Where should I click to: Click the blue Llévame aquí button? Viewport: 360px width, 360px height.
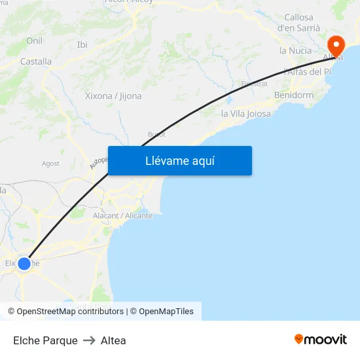pos(179,160)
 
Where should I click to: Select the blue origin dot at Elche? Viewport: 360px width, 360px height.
pos(24,264)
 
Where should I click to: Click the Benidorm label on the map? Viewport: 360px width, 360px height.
pos(293,95)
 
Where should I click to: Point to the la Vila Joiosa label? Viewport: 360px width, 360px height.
pos(245,114)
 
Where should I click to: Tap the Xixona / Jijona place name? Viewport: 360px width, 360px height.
pos(113,96)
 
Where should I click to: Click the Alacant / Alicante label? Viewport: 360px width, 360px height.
pos(122,215)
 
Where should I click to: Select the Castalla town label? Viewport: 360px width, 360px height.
pos(36,62)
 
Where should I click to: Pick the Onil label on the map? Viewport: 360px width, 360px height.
pos(34,41)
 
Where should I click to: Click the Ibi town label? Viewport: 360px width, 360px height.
pos(82,45)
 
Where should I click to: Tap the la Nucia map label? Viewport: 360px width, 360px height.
pos(295,50)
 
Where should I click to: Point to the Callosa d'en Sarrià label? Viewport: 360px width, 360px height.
pos(298,22)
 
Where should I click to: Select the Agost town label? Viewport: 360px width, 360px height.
pos(50,164)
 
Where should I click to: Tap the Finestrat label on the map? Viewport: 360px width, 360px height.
pos(255,84)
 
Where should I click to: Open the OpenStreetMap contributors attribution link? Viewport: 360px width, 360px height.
pos(70,312)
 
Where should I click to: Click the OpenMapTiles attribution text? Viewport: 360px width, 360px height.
pos(166,312)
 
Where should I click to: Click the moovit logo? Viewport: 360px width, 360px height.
pos(320,339)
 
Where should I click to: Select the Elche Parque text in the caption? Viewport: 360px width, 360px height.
pos(45,340)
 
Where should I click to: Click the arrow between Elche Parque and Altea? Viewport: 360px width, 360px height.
pos(89,340)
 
